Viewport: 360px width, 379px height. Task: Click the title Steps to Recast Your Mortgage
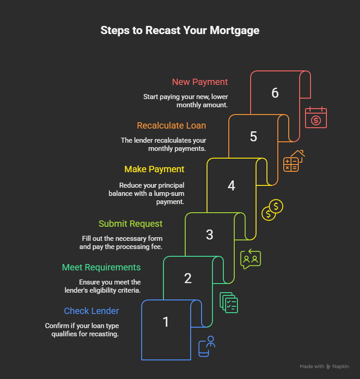tap(180, 30)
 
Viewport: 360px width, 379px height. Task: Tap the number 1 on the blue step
tap(166, 322)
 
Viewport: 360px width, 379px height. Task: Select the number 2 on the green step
tap(187, 278)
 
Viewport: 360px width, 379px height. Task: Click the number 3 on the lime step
tap(209, 234)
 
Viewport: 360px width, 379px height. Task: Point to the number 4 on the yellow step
tap(231, 186)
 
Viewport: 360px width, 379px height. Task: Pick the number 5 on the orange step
tap(253, 137)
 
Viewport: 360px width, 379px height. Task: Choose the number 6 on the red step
tap(275, 93)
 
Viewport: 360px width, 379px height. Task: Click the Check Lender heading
tap(91, 311)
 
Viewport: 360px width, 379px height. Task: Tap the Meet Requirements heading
tap(101, 267)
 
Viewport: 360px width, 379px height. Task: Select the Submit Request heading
tap(130, 224)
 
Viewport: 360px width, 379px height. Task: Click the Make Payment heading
tap(154, 169)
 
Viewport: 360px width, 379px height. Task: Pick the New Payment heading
tap(200, 82)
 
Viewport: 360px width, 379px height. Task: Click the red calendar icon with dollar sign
tap(316, 118)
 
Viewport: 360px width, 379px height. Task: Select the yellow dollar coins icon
tap(272, 209)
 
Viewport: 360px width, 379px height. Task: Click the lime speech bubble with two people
tap(250, 259)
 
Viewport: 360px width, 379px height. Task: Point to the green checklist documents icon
tap(229, 302)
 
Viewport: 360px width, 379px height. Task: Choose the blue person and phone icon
tap(207, 346)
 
